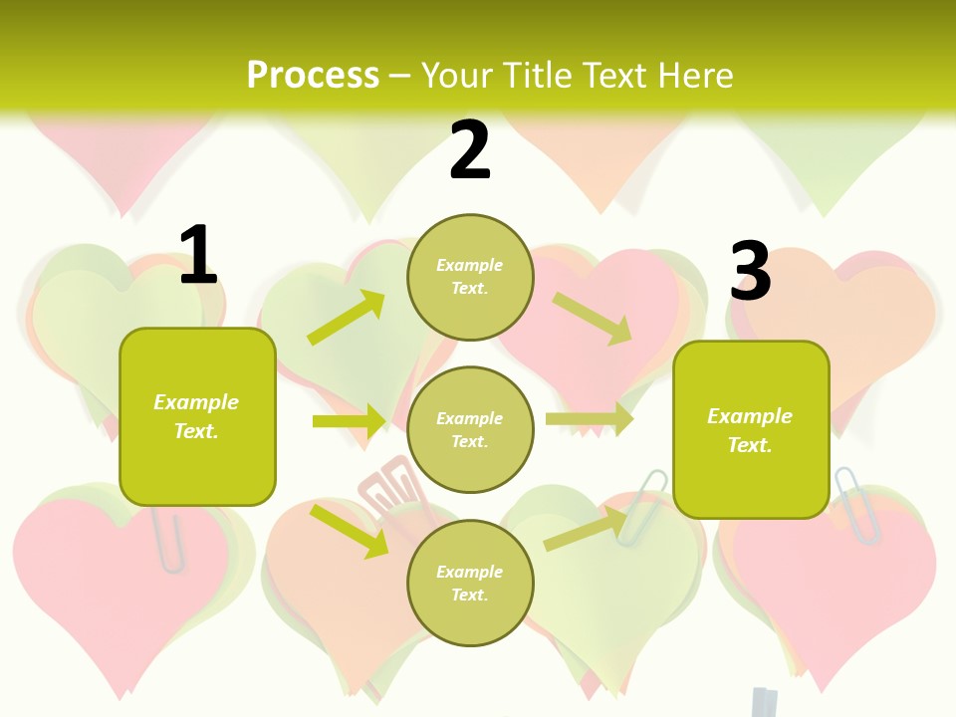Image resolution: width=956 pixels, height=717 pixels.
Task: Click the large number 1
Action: pos(197,255)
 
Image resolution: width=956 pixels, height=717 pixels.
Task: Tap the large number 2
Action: pos(470,150)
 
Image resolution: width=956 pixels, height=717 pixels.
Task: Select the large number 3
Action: pos(750,272)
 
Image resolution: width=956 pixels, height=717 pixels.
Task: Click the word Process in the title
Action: pos(313,75)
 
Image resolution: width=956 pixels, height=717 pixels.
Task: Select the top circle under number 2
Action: pos(470,277)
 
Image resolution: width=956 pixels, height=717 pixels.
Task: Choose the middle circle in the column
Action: pos(470,429)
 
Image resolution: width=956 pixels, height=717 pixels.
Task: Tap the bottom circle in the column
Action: pos(470,583)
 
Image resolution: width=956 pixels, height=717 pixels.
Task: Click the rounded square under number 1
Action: pos(197,416)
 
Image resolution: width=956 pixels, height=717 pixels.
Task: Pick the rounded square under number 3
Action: pos(750,429)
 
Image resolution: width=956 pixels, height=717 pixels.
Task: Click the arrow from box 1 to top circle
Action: pos(347,318)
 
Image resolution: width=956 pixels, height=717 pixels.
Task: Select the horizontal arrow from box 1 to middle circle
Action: pos(349,421)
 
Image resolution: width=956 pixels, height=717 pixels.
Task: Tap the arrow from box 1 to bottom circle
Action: pos(349,531)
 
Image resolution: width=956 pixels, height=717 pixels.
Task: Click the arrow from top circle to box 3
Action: pos(592,318)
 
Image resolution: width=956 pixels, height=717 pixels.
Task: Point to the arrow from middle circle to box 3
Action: pos(589,419)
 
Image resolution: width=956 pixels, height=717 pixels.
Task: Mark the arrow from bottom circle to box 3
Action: pos(586,529)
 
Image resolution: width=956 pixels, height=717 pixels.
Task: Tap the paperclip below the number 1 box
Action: pos(170,539)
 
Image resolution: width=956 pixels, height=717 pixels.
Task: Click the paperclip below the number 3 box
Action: pos(855,504)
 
